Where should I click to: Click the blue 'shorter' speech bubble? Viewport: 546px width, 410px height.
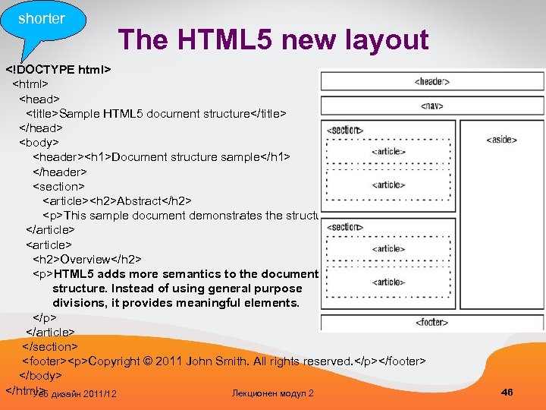pyautogui.click(x=42, y=19)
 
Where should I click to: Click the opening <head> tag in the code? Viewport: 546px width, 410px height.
pyautogui.click(x=39, y=99)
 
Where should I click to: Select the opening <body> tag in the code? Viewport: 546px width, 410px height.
pyautogui.click(x=39, y=142)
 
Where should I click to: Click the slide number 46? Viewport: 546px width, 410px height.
pyautogui.click(x=507, y=392)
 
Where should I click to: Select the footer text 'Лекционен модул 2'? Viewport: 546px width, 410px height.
pyautogui.click(x=272, y=393)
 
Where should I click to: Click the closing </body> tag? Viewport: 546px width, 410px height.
pyautogui.click(x=40, y=376)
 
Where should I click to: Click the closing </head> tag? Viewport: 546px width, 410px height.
pyautogui.click(x=41, y=128)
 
